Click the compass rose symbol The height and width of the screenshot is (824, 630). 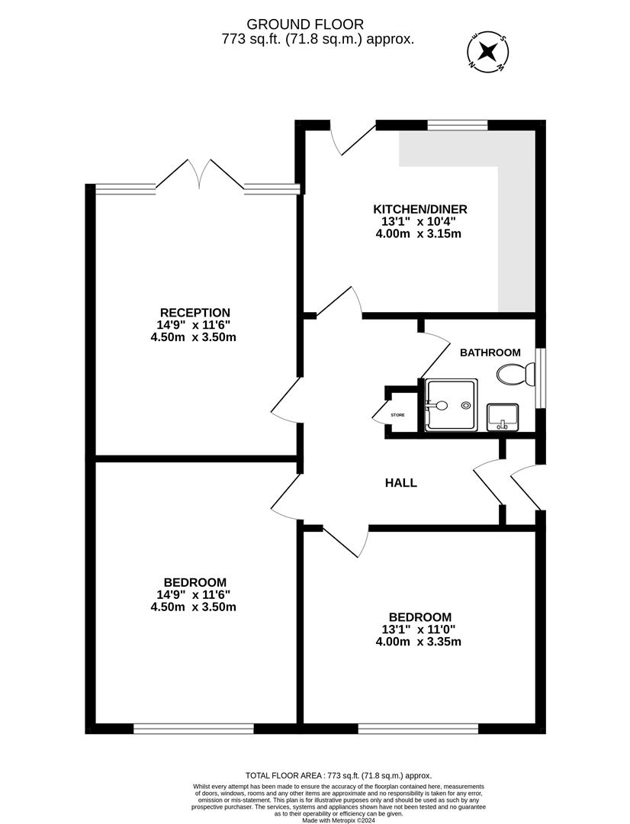pos(487,52)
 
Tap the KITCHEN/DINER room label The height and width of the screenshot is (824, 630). pos(419,209)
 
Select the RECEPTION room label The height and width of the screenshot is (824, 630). pos(194,312)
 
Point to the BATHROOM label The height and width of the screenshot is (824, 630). pos(490,352)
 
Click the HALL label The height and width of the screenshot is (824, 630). pos(400,483)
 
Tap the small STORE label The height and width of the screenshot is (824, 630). pos(397,415)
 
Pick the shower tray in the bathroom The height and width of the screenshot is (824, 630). pos(451,405)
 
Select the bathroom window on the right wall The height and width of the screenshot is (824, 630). pos(540,378)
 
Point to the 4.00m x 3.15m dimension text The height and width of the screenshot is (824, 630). pos(418,233)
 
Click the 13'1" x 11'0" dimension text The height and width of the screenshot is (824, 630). pos(419,629)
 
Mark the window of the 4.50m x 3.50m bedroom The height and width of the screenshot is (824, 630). pos(193,729)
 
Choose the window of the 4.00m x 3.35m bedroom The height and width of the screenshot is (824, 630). pos(418,729)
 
